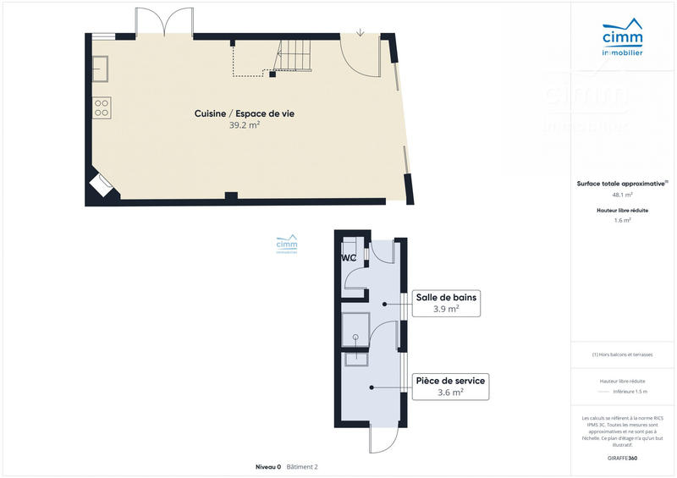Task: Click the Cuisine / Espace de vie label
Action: pos(245,113)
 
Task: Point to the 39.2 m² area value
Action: pos(245,125)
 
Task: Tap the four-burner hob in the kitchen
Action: pos(102,107)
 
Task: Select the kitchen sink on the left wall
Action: pos(100,68)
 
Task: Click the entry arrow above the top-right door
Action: pos(361,33)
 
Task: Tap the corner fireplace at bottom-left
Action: pos(102,185)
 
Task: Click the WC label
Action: pos(349,258)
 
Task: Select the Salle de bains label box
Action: pos(446,303)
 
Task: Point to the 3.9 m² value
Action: pos(446,310)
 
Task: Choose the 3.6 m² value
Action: pos(449,393)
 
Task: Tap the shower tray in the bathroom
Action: pos(356,329)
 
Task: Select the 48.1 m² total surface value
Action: pos(622,194)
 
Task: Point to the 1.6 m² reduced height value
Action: pos(622,220)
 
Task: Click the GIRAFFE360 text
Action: pos(622,457)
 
